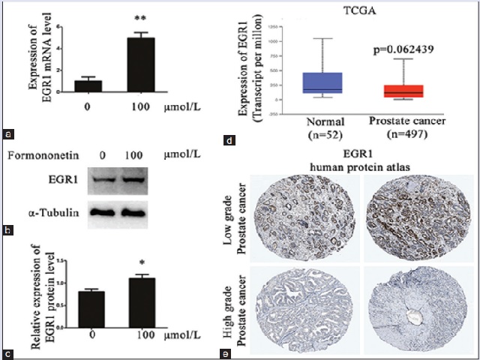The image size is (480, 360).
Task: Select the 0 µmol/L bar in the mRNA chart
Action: [x=88, y=85]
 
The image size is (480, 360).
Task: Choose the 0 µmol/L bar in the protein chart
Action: [x=91, y=308]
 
